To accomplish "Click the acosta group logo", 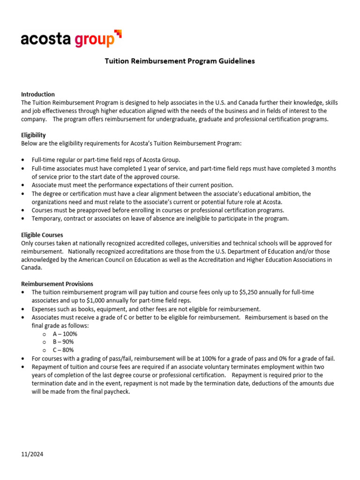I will coord(70,39).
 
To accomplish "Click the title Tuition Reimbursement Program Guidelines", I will coord(180,61).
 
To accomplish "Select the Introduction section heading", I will coord(38,94).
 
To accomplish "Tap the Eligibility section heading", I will coord(33,135).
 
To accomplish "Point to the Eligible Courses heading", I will coord(42,235).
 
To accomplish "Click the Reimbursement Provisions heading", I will coord(57,284).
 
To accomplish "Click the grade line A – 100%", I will coord(65,334).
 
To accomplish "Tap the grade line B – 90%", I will coord(63,342).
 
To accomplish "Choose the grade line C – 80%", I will coord(63,350).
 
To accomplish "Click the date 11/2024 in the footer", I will coord(32,454).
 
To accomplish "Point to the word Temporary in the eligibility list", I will coord(46,218).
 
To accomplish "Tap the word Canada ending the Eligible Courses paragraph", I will coord(31,268).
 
